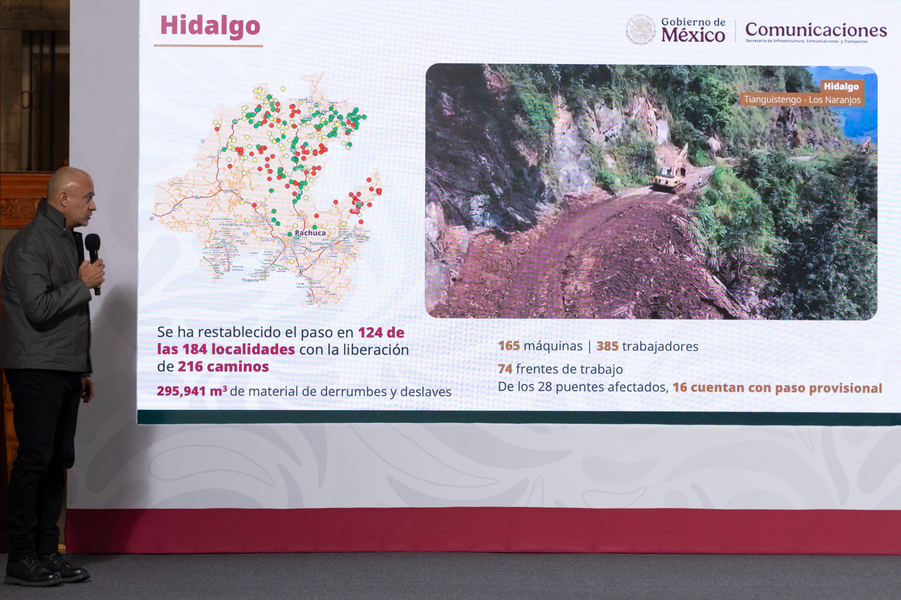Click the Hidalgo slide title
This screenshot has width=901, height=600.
pyautogui.click(x=210, y=26)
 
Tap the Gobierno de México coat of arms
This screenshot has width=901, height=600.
pyautogui.click(x=641, y=30)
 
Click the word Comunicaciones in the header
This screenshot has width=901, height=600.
pyautogui.click(x=815, y=30)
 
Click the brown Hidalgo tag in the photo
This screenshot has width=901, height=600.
pyautogui.click(x=841, y=87)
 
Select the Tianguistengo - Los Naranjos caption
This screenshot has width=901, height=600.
pyautogui.click(x=802, y=100)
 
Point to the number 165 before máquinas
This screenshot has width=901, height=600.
pyautogui.click(x=509, y=346)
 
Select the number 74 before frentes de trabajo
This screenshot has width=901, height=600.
pyautogui.click(x=505, y=369)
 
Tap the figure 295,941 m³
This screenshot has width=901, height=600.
pyautogui.click(x=191, y=391)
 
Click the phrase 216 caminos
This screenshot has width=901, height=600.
pyautogui.click(x=223, y=366)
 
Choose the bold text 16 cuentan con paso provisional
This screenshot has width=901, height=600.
pyautogui.click(x=777, y=388)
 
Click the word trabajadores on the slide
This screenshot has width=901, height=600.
pyautogui.click(x=660, y=346)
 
